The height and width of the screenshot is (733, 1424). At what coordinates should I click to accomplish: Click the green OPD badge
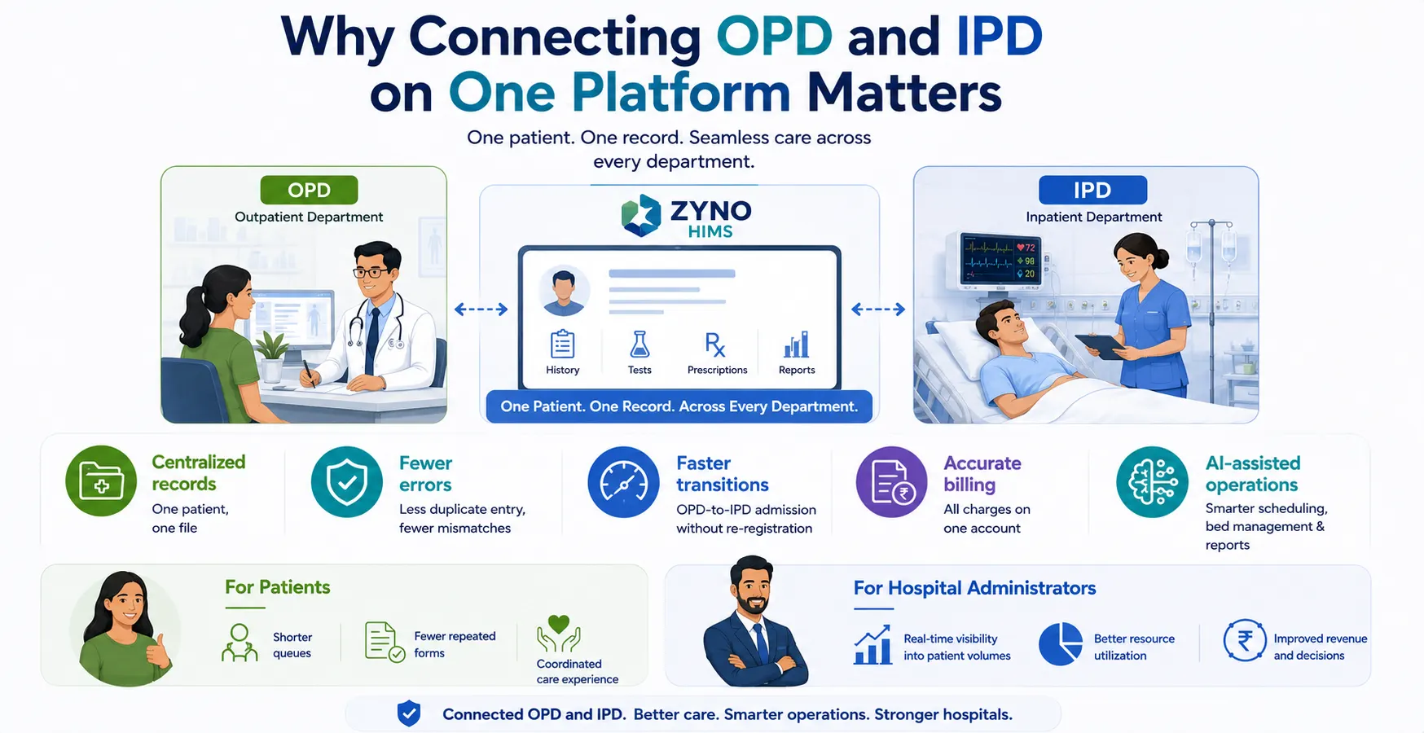pos(309,190)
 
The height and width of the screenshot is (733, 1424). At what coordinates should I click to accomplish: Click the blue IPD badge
pos(1092,190)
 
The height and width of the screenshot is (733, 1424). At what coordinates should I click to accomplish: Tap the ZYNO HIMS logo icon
pos(641,216)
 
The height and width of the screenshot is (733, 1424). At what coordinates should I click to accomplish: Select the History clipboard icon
pos(562,345)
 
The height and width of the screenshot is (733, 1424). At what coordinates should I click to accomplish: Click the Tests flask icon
pos(639,345)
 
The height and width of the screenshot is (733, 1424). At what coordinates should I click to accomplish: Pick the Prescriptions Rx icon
pos(715,345)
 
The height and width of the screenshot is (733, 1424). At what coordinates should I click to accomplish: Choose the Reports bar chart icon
pos(796,345)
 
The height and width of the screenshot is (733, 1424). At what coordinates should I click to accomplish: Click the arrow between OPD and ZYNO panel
pos(481,309)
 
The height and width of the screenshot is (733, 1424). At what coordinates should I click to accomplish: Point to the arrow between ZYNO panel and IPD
pos(878,309)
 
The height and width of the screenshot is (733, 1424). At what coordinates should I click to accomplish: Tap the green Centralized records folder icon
pos(101,481)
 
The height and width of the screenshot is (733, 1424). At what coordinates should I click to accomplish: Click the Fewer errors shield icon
pos(347,482)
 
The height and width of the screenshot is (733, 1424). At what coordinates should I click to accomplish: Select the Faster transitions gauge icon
pos(623,482)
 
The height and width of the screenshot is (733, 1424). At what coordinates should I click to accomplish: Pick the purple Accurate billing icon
pos(892,482)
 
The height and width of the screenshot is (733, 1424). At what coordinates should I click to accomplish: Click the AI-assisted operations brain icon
pos(1153,482)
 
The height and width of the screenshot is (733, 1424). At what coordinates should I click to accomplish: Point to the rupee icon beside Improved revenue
pos(1245,641)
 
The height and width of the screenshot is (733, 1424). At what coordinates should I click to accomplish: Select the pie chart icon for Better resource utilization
pos(1061,644)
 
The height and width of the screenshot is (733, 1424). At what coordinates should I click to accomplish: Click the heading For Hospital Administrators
pos(974,588)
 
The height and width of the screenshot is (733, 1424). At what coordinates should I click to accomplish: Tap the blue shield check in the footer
pos(409,713)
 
